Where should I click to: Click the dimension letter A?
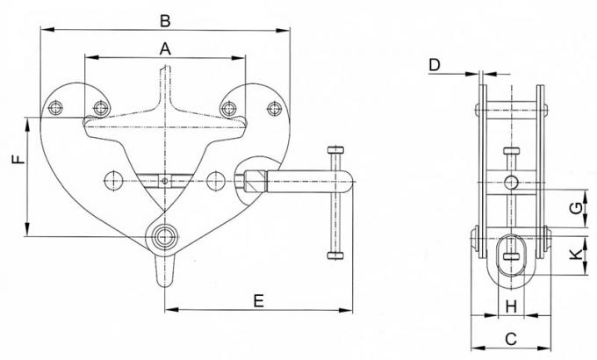164,51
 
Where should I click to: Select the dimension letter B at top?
165,18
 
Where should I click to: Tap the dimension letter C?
510,336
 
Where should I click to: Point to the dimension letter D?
435,64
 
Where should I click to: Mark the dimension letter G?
573,208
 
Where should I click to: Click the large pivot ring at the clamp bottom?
164,236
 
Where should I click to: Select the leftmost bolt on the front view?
57,108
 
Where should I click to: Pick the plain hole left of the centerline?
113,183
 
